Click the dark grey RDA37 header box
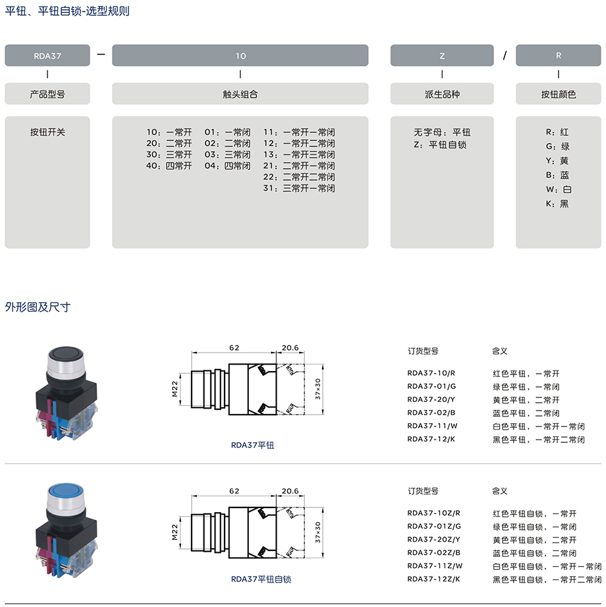pos(47,55)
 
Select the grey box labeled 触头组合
pos(240,94)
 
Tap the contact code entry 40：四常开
pos(169,165)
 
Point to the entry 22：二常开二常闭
pos(299,177)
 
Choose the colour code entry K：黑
pos(557,204)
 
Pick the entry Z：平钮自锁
pos(440,145)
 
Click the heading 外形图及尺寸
pos(38,307)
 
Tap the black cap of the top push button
pos(66,353)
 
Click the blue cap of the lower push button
pos(65,491)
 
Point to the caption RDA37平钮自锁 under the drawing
pos(261,579)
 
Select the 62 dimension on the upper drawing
pos(234,347)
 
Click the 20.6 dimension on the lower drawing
pos(290,491)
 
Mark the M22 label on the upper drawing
pos(175,389)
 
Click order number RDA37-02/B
pos(431,413)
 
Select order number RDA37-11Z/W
pos(435,565)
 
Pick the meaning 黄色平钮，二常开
pos(526,400)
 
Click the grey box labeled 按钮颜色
pos(559,94)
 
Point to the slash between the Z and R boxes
pos(505,56)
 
